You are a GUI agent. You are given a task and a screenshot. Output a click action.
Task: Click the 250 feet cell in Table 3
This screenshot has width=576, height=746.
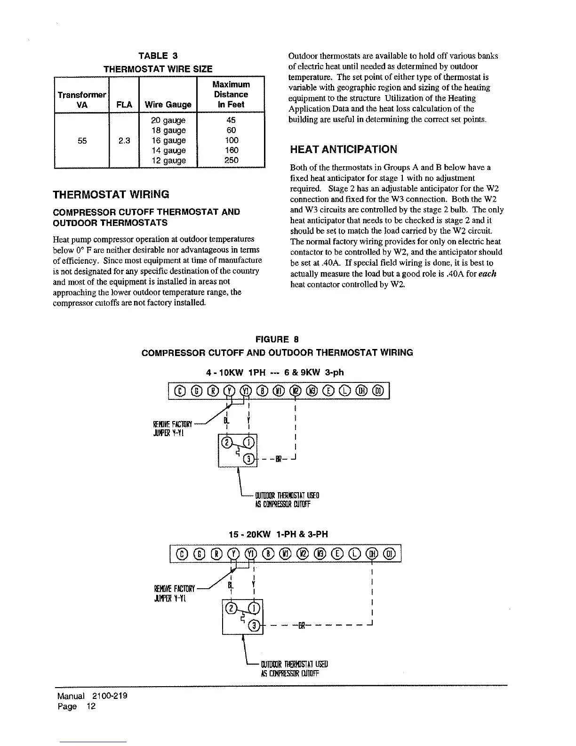click(231, 160)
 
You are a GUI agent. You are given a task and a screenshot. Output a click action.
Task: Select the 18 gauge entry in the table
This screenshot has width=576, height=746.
click(168, 130)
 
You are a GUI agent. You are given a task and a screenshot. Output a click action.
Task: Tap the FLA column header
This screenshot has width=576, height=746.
click(124, 105)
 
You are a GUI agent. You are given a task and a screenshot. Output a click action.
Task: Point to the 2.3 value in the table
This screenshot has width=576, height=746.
click(124, 140)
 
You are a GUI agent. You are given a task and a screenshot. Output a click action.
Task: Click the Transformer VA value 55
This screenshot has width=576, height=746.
click(82, 140)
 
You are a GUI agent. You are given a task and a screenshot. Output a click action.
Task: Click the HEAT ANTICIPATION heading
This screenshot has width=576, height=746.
click(344, 150)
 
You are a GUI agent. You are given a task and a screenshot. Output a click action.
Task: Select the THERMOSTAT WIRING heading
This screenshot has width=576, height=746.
click(111, 195)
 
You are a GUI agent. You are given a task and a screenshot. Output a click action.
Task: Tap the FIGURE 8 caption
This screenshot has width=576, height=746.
click(277, 340)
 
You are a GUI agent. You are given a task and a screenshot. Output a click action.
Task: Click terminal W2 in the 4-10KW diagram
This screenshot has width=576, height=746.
click(296, 390)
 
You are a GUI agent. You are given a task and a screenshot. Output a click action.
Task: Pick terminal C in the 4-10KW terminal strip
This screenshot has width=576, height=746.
click(180, 390)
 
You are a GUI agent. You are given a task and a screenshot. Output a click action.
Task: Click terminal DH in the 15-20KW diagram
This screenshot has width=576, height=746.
click(373, 553)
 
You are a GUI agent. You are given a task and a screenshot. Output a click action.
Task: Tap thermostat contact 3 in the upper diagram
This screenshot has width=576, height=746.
click(251, 458)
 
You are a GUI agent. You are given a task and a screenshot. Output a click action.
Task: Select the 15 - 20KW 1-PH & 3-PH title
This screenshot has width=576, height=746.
click(278, 534)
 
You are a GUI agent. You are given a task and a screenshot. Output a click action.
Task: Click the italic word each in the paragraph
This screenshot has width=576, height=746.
click(488, 274)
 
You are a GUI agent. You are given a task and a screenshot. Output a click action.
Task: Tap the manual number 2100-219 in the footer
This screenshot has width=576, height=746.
click(110, 696)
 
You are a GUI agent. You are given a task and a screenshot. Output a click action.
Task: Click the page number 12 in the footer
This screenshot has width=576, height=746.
click(91, 706)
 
